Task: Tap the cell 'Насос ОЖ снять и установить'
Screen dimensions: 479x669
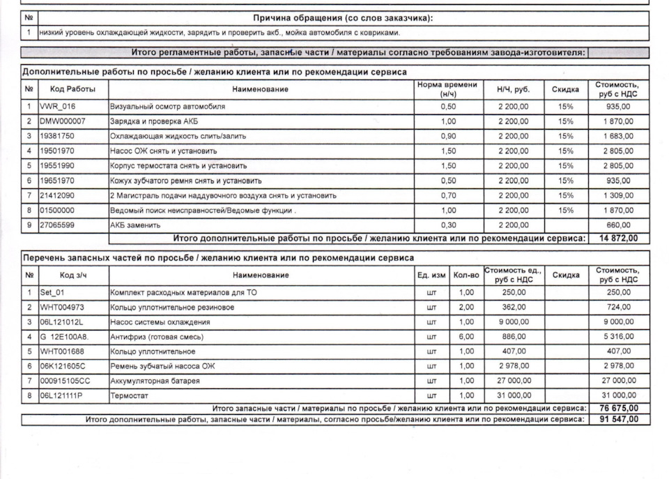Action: [164, 151]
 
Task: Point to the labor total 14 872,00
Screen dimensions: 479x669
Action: [618, 238]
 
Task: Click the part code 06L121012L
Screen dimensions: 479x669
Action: [61, 322]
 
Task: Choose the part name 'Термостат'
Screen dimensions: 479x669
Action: [129, 396]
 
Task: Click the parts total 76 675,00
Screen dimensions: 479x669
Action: [618, 408]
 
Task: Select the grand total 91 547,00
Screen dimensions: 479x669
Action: [618, 420]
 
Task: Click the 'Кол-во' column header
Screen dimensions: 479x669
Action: [466, 275]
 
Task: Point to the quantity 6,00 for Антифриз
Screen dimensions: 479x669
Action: [466, 337]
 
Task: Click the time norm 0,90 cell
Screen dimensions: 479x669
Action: [448, 137]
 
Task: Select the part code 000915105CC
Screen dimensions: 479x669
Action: [65, 381]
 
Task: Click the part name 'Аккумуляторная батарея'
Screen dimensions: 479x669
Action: [155, 381]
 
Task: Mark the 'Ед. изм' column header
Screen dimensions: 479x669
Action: [431, 275]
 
